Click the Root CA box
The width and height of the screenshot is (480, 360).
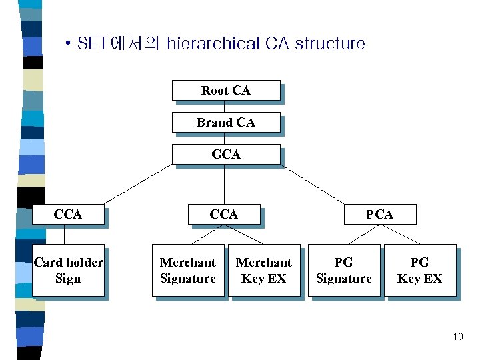coord(225,91)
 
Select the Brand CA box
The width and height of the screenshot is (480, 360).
coord(225,123)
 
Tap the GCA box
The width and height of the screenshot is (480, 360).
coord(225,154)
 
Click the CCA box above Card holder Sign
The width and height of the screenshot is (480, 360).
coord(67,214)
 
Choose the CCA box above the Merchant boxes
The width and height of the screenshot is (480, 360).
coord(223,214)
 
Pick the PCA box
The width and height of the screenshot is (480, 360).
coord(379,214)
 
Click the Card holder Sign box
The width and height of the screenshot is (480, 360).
coord(68,270)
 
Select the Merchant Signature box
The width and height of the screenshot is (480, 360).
coord(188,270)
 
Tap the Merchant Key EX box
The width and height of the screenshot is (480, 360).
coord(264,270)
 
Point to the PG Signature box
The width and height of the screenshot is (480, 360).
coord(344,270)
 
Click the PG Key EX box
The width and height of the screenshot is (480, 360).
coord(419,270)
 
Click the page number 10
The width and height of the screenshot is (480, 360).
coord(457,337)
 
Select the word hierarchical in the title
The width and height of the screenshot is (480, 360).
coord(213,44)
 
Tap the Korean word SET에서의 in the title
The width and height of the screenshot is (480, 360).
coord(118,44)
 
